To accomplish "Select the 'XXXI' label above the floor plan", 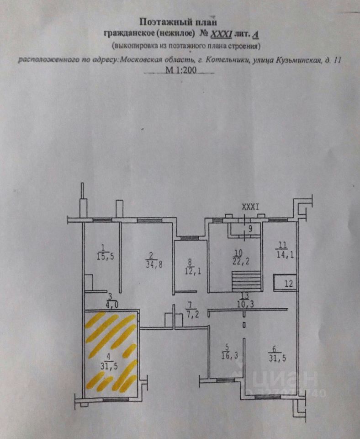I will pyautogui.click(x=250, y=207).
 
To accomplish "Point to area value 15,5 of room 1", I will pyautogui.click(x=105, y=257).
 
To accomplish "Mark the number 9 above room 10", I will pyautogui.click(x=250, y=227).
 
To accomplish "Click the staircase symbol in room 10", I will pyautogui.click(x=245, y=281).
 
